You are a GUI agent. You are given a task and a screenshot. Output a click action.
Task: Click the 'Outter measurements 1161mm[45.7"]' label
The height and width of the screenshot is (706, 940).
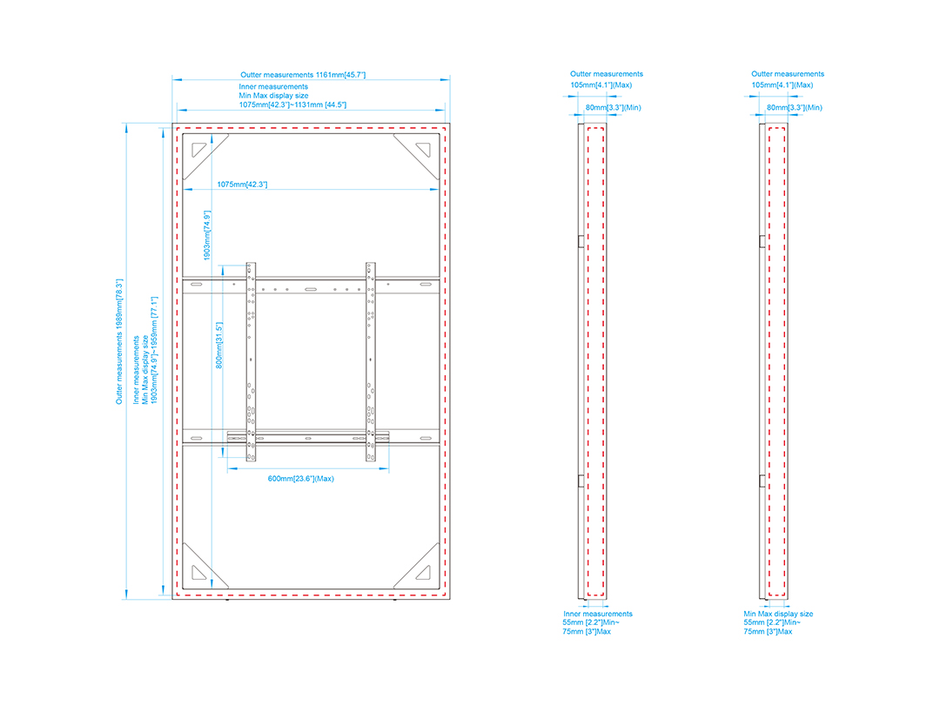tap(303, 75)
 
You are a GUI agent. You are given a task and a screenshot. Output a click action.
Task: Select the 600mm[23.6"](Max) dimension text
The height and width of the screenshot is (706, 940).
tap(301, 479)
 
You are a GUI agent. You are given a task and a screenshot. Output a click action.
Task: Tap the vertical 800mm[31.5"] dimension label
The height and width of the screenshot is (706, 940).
tap(218, 346)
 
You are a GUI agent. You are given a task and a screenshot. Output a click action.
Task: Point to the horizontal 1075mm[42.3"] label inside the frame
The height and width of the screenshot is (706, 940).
tap(242, 185)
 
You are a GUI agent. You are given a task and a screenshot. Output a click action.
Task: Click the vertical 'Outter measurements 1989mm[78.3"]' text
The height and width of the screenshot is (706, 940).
tap(119, 341)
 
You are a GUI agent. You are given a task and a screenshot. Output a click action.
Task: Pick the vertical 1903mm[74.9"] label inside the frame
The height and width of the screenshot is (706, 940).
tap(207, 235)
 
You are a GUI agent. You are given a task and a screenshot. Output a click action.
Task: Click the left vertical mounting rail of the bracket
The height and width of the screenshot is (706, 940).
tap(252, 361)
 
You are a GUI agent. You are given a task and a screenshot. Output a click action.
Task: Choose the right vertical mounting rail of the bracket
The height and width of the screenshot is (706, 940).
tap(371, 361)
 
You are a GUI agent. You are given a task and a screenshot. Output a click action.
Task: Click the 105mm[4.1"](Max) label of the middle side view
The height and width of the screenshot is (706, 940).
tap(601, 85)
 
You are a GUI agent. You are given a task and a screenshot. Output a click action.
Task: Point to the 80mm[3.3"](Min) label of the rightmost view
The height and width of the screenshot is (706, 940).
tap(795, 108)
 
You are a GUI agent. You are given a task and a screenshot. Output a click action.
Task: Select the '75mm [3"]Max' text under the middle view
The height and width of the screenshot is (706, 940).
tap(587, 632)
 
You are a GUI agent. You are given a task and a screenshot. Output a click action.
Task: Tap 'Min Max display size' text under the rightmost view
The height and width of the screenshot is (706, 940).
tap(778, 615)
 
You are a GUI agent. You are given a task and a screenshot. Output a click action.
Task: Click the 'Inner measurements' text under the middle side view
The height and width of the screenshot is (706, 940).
tap(598, 615)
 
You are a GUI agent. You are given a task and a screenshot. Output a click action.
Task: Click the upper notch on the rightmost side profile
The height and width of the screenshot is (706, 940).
tap(762, 241)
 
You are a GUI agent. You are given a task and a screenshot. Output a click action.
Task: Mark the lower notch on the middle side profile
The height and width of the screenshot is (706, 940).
tap(581, 481)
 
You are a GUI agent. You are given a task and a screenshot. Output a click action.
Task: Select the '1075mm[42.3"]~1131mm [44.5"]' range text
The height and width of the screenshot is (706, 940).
tap(292, 105)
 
